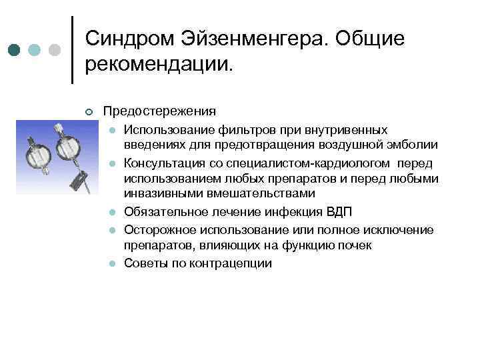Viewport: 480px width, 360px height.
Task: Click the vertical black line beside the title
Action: point(72,50)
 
